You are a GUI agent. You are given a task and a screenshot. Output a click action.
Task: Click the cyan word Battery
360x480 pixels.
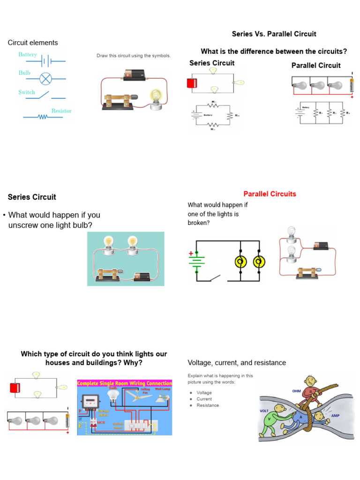pyautogui.click(x=28, y=55)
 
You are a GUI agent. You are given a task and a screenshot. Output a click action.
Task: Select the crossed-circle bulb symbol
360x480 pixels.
pyautogui.click(x=45, y=78)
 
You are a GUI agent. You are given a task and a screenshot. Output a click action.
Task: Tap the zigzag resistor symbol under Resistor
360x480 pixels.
pyautogui.click(x=43, y=117)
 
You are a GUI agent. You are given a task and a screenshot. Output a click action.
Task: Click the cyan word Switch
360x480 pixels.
pyautogui.click(x=27, y=92)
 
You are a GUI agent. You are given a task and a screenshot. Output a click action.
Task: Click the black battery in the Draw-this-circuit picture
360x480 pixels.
pyautogui.click(x=135, y=75)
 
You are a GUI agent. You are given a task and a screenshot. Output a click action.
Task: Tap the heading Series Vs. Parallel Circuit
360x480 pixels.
pyautogui.click(x=274, y=34)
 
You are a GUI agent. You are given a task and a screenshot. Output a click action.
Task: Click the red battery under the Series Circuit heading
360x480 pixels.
pyautogui.click(x=191, y=83)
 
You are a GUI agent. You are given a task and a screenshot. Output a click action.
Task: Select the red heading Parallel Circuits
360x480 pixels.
pyautogui.click(x=270, y=194)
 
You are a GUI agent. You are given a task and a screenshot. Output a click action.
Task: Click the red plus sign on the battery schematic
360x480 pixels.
pyautogui.click(x=191, y=254)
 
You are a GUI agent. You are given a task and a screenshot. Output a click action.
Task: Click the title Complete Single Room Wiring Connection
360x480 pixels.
pyautogui.click(x=124, y=383)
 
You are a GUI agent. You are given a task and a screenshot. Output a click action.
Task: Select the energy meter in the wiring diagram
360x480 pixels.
pyautogui.click(x=90, y=401)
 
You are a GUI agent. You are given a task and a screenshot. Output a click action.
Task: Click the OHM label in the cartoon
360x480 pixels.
pyautogui.click(x=296, y=390)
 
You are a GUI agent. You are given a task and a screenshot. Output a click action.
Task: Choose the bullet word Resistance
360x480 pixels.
pyautogui.click(x=208, y=405)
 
